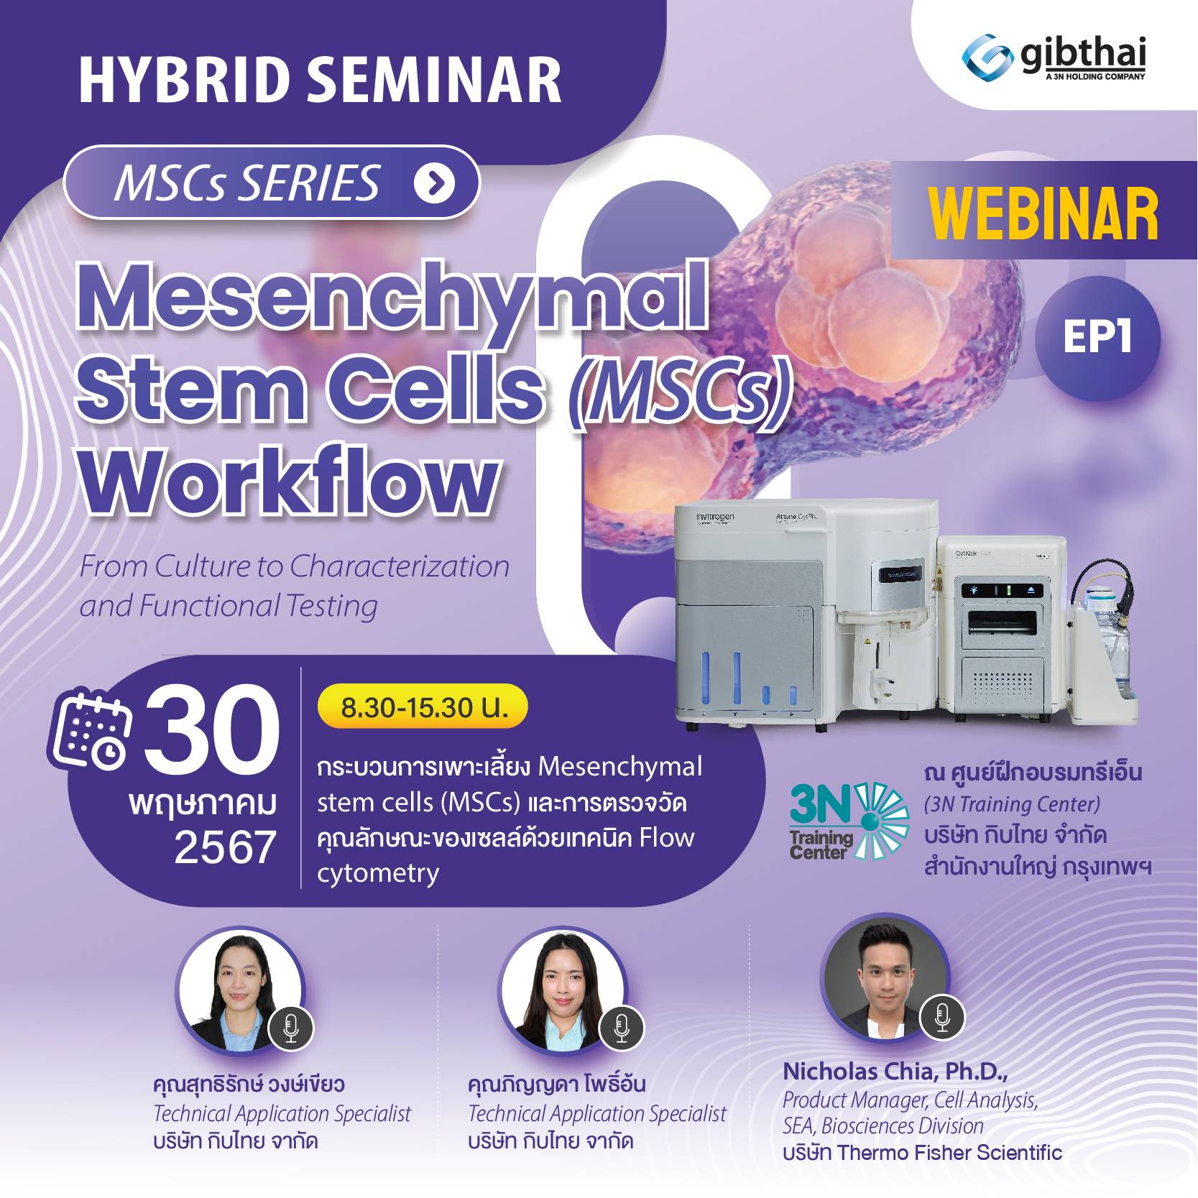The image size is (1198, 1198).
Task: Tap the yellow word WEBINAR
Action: [1043, 214]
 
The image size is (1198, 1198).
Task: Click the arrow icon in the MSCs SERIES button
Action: [434, 183]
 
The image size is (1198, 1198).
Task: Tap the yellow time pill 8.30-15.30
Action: [423, 707]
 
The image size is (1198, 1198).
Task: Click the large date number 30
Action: [211, 729]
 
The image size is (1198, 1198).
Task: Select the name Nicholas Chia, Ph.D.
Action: [895, 1072]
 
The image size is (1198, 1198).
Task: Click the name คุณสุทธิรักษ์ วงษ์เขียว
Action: [249, 1084]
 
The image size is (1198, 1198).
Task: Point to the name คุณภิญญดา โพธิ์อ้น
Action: [556, 1084]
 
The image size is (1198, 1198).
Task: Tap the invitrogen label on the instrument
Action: [705, 517]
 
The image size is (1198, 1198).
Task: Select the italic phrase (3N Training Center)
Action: [1012, 804]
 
